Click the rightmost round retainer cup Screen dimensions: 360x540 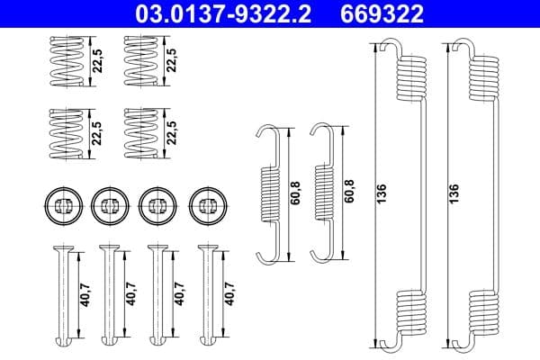click(x=206, y=205)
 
